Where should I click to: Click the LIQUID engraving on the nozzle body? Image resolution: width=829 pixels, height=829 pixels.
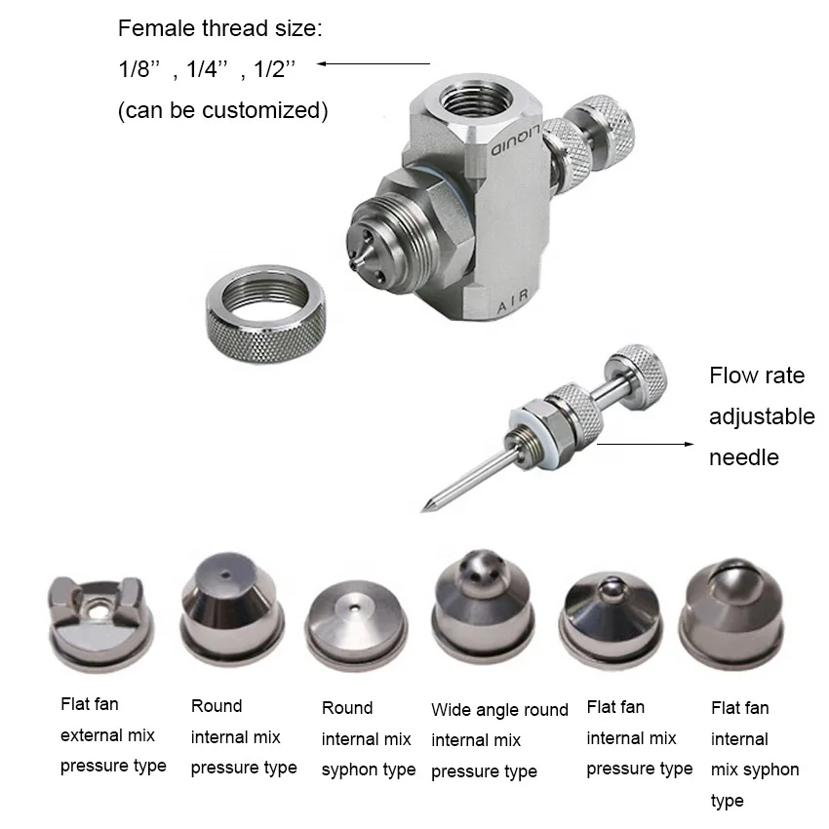[x=515, y=140]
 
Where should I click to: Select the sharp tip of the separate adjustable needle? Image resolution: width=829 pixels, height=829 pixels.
[x=423, y=510]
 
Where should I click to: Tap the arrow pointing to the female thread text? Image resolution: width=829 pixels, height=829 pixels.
[x=374, y=64]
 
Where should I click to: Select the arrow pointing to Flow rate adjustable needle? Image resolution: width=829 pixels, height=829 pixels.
[x=645, y=444]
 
